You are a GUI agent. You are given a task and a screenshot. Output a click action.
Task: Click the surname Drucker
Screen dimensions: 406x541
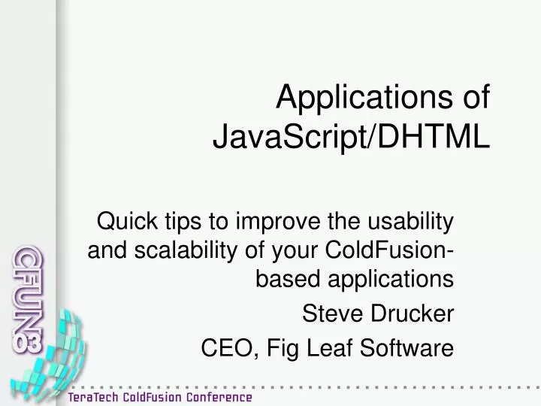click(413, 314)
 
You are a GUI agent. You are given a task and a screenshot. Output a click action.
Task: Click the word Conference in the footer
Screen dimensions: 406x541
click(219, 396)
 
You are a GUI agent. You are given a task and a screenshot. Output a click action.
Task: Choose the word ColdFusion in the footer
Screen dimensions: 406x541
click(153, 396)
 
